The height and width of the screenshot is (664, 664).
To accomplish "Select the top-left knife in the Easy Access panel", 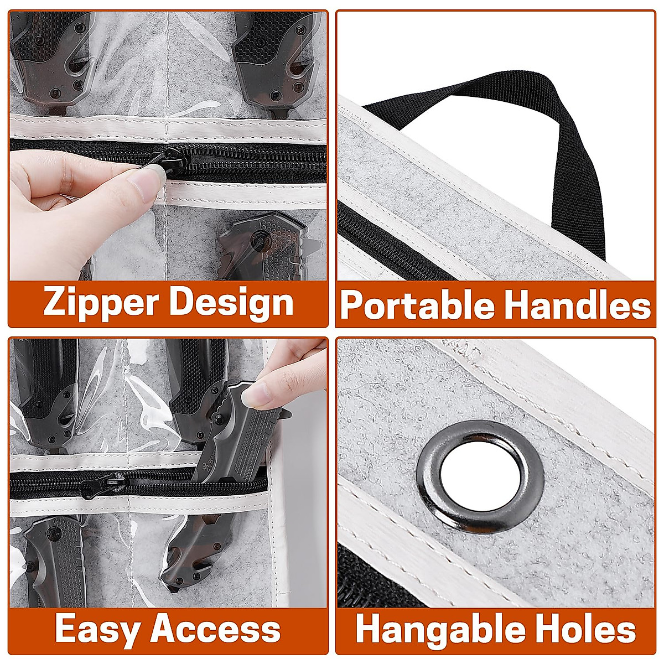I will (x=47, y=393).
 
